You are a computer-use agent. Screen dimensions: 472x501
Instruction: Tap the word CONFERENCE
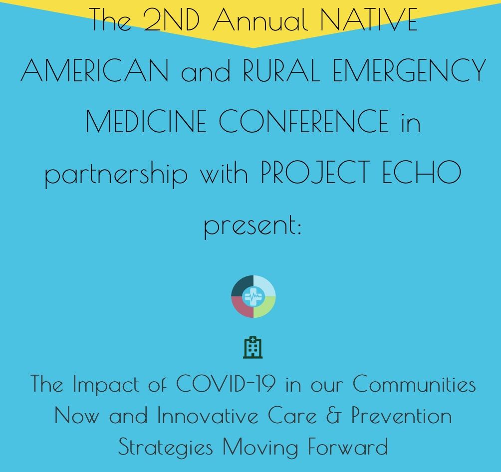(304, 121)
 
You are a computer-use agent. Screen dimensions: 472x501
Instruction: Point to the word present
(251, 226)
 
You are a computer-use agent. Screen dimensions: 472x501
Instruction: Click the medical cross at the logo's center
(253, 297)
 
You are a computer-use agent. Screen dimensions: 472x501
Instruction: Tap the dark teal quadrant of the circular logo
(241, 286)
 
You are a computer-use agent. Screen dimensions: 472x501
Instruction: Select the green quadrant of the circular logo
(265, 308)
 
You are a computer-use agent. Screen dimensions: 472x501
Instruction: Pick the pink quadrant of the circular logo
(242, 308)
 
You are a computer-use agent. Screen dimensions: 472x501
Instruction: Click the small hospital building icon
(253, 347)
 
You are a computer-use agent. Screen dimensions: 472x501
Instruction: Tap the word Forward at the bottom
(347, 446)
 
